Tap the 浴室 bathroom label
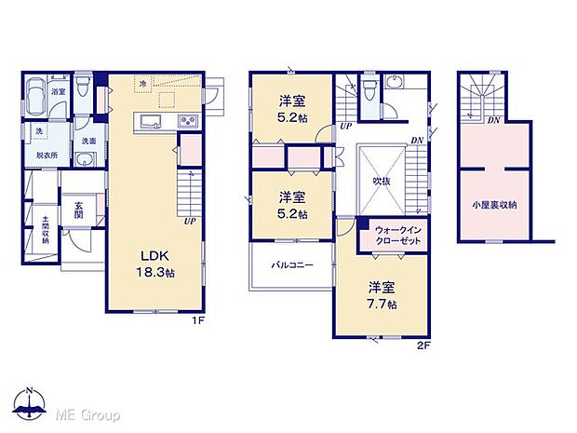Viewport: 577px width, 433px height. [x=58, y=92]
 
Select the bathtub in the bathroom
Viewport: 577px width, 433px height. [x=35, y=96]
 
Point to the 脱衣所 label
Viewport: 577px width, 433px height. [x=47, y=156]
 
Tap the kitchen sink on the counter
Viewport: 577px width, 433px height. [x=149, y=123]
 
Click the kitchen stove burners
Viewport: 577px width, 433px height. [x=186, y=123]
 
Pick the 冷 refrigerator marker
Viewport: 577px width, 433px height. [x=142, y=84]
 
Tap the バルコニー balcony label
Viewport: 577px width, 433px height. [x=291, y=264]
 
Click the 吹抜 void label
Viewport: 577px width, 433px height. [x=382, y=182]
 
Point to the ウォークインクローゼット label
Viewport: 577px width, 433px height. [x=399, y=235]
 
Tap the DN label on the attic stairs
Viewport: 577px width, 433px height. [x=493, y=119]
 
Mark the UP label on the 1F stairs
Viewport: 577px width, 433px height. [x=190, y=223]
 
